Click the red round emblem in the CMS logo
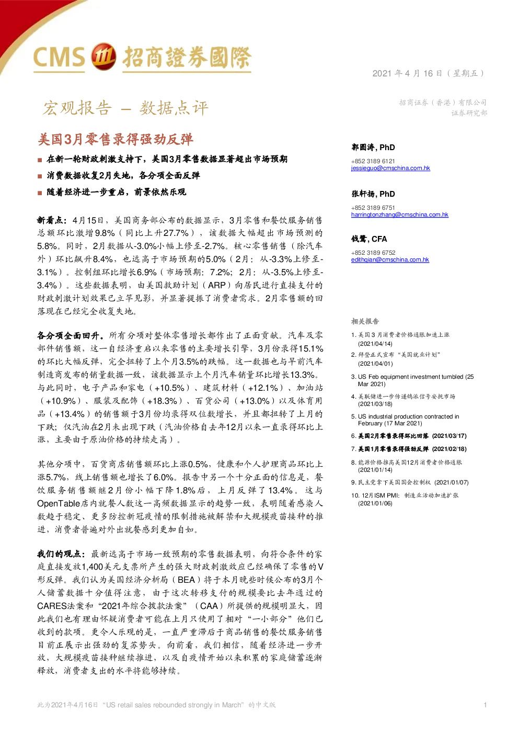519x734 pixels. [x=103, y=57]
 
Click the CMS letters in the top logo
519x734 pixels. [x=59, y=58]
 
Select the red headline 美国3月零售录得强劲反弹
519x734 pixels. [x=116, y=140]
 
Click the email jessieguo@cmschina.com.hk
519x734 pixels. [x=390, y=168]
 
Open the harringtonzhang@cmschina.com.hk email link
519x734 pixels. [x=399, y=214]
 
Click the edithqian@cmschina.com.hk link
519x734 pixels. [x=390, y=259]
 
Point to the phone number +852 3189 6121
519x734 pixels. [x=373, y=161]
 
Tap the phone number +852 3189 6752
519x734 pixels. [x=373, y=253]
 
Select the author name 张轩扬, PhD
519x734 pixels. [x=373, y=194]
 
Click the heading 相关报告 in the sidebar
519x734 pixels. [x=365, y=321]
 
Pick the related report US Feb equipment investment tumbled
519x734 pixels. [x=412, y=380]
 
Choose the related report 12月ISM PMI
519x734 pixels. [x=405, y=499]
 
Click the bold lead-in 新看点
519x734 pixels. [x=52, y=220]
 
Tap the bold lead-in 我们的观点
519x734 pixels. [x=61, y=554]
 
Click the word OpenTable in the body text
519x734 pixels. [x=59, y=503]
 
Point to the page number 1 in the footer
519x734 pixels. [x=485, y=705]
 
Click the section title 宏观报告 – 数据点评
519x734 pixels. [x=125, y=108]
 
